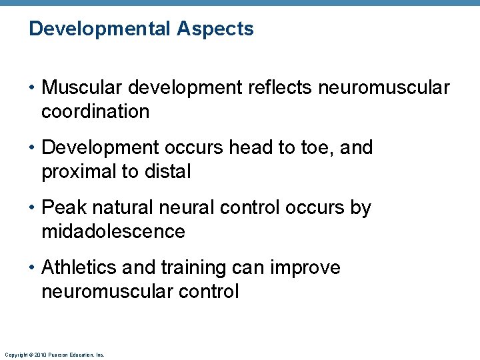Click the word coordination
tap(95, 111)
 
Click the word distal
tap(166, 171)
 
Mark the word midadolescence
tap(113, 231)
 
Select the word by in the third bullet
tap(360, 208)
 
